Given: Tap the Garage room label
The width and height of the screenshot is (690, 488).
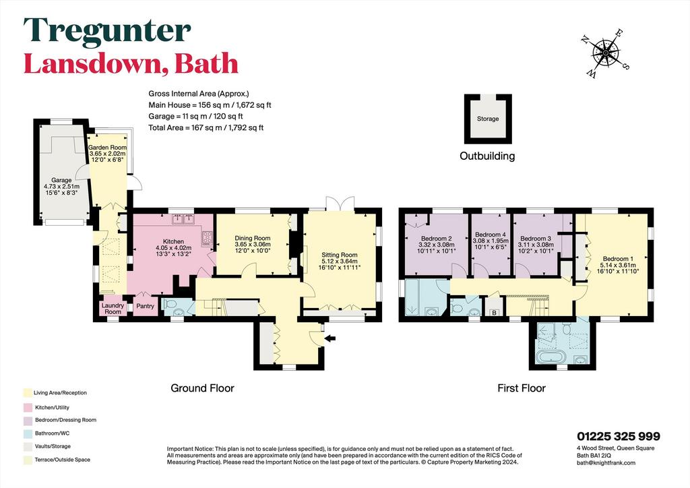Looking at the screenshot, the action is point(61,180).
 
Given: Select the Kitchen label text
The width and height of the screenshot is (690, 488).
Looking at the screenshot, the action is point(173,241).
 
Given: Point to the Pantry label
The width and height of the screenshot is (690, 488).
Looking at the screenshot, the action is point(146,306).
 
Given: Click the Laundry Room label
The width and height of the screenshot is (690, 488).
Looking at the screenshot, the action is point(113,309).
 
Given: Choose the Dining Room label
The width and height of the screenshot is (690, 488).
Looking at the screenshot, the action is point(253,238).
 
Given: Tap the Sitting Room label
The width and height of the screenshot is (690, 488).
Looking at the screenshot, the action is point(340,255).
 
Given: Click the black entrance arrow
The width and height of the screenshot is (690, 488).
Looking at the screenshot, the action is point(330,338).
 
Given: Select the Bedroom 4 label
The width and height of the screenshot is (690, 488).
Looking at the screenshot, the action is point(491,235).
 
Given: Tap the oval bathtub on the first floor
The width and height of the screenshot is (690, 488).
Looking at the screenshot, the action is point(553,357).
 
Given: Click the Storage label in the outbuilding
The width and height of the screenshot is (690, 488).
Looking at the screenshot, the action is point(488,119).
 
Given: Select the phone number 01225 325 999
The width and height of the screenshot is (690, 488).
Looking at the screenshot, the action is point(619,436).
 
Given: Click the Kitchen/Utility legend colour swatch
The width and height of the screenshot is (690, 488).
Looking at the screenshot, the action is point(28,408).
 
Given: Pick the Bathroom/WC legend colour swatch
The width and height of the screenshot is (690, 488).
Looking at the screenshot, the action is point(28,433).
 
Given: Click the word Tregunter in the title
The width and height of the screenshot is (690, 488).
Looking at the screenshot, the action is point(107,31).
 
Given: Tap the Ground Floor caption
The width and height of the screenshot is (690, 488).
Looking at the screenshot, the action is point(202,388).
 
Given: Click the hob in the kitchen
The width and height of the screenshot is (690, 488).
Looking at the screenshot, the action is point(207,238).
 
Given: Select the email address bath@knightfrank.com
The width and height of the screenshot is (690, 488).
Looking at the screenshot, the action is point(606,462).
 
